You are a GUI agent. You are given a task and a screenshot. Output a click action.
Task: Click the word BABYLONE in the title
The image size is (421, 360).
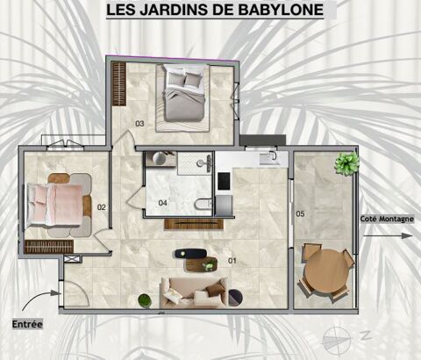pos(281,10)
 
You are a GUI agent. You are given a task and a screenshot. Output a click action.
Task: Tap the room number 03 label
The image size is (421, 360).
pos(139,124)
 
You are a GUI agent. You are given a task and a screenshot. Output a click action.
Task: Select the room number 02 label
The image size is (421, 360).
pos(102,207)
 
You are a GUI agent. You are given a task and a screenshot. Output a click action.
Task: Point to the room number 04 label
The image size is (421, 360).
pos(162,203)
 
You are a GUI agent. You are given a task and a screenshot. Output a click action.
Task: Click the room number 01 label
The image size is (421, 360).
pos(232,260)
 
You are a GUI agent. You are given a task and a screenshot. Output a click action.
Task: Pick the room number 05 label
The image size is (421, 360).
pos(300,213)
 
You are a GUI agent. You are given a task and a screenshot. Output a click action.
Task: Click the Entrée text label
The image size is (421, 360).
pos(27,324)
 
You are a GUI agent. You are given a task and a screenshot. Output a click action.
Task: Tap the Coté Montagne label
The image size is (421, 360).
pos(387,219)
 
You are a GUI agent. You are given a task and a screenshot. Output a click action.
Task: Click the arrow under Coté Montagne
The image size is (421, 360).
pos(388,235)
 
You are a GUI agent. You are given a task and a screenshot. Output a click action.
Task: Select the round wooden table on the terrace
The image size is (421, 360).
pos(326,270)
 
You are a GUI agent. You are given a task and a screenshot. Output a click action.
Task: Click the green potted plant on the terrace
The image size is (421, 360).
pos(347,163)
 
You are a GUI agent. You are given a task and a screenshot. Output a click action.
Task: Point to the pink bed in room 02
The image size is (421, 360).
pos(54,205)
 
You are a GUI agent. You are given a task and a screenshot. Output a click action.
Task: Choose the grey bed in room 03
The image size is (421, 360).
pos(184,93)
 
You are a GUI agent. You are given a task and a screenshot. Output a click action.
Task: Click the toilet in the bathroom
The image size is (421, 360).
pos(203,204)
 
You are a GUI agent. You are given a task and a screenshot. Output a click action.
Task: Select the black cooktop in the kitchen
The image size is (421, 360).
pos(224,181)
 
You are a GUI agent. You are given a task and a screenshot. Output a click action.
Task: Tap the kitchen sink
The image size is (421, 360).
pos(269,158)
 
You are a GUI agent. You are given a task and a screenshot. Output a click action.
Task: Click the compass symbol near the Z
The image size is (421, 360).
pos(336,340)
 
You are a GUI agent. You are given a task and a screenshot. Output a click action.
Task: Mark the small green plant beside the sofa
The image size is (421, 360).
pos(145,300)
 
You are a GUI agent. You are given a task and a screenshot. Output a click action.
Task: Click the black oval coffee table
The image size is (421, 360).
pos(191,254)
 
